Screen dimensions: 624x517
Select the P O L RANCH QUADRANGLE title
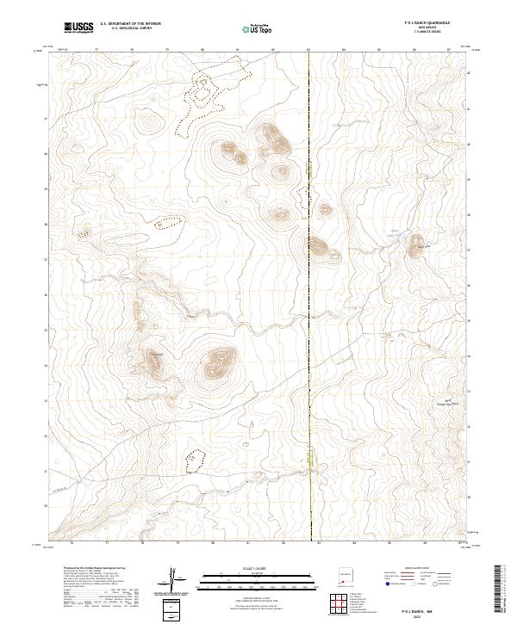click(421, 22)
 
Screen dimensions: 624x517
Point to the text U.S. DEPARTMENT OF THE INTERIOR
click(131, 24)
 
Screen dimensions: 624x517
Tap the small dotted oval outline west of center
click(169, 223)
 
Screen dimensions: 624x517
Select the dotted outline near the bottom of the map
click(197, 460)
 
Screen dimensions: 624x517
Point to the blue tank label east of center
click(396, 232)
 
